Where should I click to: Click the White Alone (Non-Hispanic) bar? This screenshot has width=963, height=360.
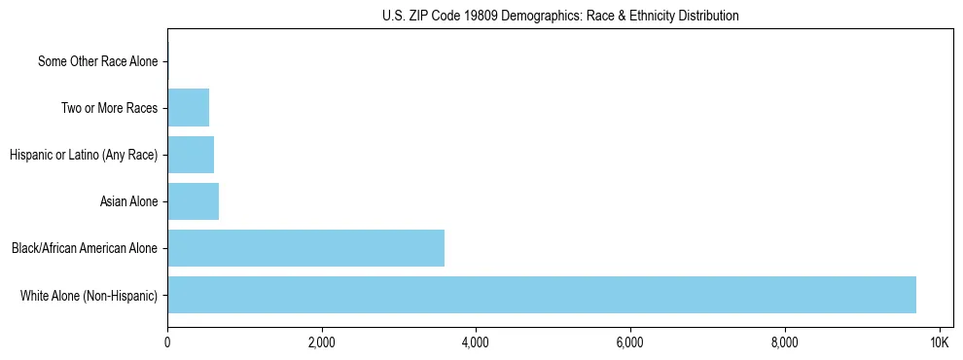coord(542,295)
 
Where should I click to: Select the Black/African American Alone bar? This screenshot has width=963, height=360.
coord(305,248)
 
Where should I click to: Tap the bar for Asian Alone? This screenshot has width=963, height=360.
coord(193,201)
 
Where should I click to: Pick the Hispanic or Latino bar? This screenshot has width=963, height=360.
coord(191,155)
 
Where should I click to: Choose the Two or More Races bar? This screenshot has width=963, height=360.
coord(188,108)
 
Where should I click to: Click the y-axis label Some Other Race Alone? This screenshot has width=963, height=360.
coord(97,61)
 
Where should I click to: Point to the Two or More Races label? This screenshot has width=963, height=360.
coord(109,108)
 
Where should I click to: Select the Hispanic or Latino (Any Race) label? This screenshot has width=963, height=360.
coord(84,155)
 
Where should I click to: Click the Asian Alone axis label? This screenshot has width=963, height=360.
coord(128,201)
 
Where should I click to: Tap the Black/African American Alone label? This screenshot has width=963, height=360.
coord(85,248)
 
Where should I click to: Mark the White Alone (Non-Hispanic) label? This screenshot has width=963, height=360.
coord(89,295)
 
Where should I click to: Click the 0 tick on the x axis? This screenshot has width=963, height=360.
coord(167,342)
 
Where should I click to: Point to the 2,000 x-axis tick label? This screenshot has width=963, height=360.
coord(321,342)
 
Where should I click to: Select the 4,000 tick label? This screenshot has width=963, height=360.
coord(476,342)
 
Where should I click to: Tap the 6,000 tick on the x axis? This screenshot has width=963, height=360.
coord(630,342)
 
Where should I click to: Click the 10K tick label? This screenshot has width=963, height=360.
coord(939,342)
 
